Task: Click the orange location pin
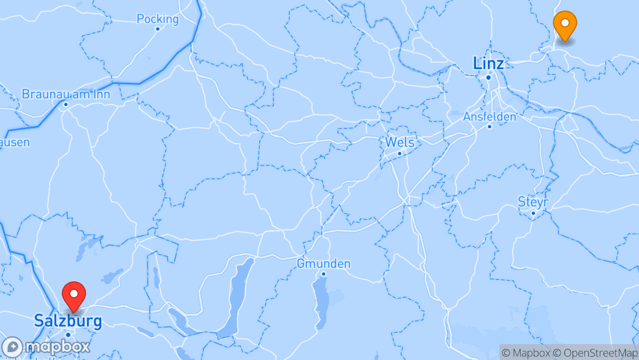tap(565, 24)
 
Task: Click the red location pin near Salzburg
tap(74, 295)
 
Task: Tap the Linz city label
tap(488, 64)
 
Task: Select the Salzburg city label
tap(68, 320)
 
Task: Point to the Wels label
tap(400, 142)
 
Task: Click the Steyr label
tap(533, 202)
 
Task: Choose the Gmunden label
tap(324, 263)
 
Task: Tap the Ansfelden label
tap(490, 117)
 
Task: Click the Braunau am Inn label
tap(66, 94)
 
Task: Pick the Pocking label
tap(157, 19)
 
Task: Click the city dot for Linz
tap(488, 78)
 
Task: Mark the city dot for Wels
tap(400, 154)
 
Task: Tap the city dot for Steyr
tap(533, 213)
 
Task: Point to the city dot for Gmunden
tap(324, 273)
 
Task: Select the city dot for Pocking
tap(157, 29)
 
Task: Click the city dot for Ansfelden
tap(490, 126)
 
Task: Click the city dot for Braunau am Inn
tap(66, 104)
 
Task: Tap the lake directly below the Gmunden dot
tap(321, 301)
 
